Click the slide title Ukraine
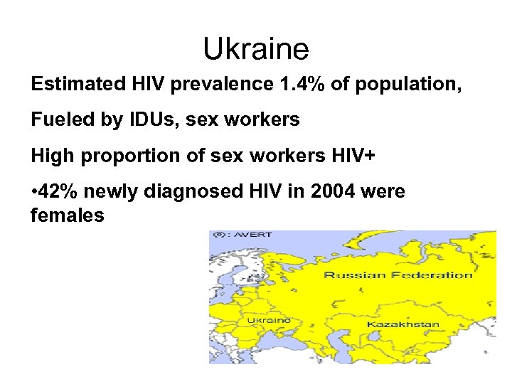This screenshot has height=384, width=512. [256, 49]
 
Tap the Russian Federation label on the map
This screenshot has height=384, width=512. [398, 275]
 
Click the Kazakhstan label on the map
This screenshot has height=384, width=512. [402, 324]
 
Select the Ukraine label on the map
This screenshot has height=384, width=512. [268, 321]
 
